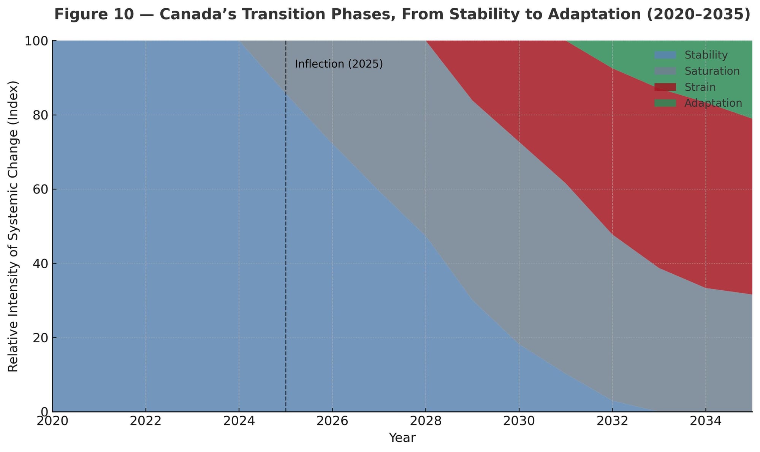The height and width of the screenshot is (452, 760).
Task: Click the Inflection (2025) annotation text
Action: [339, 64]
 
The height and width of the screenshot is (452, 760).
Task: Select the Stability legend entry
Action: [706, 55]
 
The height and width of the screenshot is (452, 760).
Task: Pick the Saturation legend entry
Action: [712, 71]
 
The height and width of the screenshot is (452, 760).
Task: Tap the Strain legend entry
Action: [700, 87]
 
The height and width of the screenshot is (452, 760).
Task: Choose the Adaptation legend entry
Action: [713, 103]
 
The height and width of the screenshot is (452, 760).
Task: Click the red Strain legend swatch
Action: [665, 87]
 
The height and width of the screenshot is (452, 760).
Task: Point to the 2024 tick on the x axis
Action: [239, 421]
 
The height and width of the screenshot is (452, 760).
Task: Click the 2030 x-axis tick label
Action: [519, 421]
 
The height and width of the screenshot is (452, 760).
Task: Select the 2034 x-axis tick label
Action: [705, 421]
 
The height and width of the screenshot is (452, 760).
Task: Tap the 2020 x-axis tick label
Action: [52, 421]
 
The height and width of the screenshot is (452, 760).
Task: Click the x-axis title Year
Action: [402, 438]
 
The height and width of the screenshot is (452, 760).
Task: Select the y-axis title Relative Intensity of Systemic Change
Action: [13, 226]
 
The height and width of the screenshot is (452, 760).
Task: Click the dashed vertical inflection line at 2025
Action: [286, 228]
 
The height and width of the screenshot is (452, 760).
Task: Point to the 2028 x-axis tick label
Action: [425, 421]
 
